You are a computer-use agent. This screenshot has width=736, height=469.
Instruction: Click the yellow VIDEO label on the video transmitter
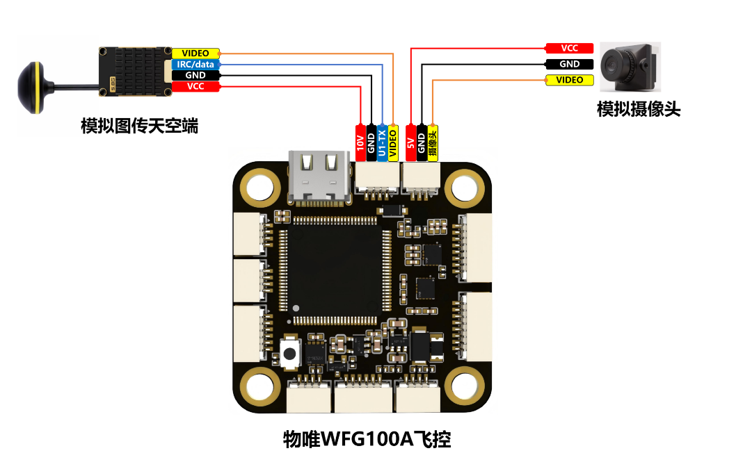coord(195,53)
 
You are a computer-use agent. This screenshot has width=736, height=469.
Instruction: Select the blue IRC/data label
coord(195,64)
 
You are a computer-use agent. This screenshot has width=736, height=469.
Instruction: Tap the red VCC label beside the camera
coord(569,48)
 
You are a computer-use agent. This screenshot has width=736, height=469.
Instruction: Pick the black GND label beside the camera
coord(569,64)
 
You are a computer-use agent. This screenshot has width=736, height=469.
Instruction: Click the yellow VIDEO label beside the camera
coord(569,80)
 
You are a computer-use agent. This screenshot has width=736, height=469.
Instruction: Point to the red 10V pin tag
coord(360,143)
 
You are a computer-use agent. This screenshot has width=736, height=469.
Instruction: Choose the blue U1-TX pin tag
coord(382,143)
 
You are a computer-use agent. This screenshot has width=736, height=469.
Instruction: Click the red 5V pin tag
coord(410,143)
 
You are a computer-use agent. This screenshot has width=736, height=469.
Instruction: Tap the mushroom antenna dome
coord(31,88)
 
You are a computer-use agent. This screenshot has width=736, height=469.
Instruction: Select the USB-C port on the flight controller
coord(319,177)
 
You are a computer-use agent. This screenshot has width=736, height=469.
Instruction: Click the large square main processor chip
coord(334,269)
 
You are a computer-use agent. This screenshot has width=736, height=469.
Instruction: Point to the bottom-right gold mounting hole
coord(464,387)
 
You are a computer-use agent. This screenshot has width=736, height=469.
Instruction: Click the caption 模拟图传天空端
coord(139,126)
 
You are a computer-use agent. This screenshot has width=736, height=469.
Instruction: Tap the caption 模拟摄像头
coord(639,109)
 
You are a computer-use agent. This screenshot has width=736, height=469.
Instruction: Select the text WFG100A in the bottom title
coord(367,439)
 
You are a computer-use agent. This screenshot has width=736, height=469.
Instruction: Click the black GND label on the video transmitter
coord(195,75)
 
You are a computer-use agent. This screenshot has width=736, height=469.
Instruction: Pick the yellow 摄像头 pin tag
coord(433,143)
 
